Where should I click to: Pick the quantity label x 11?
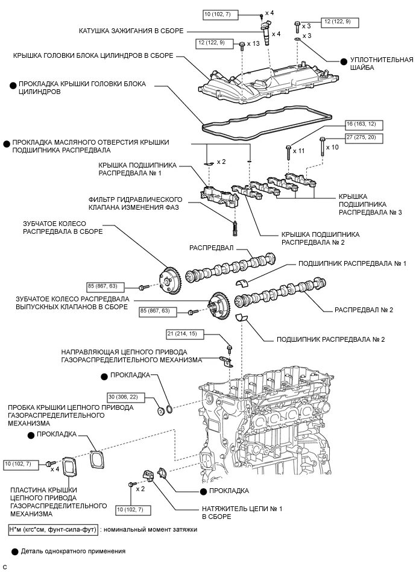(299, 150)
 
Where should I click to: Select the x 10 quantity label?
(332, 146)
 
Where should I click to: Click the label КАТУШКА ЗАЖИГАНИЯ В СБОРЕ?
(131, 30)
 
